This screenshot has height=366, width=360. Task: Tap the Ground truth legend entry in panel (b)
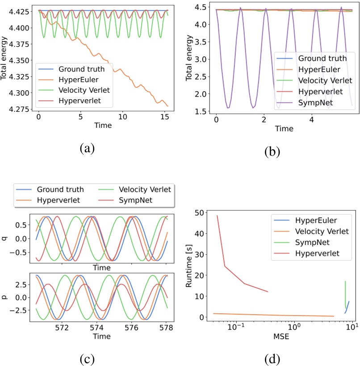coord(322,59)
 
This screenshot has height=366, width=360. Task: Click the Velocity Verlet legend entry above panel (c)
coord(142,189)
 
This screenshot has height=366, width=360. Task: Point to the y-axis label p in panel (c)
coord(5,297)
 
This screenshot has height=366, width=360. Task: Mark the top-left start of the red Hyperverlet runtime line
coord(217,215)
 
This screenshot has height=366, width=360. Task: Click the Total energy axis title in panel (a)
coord(5,59)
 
